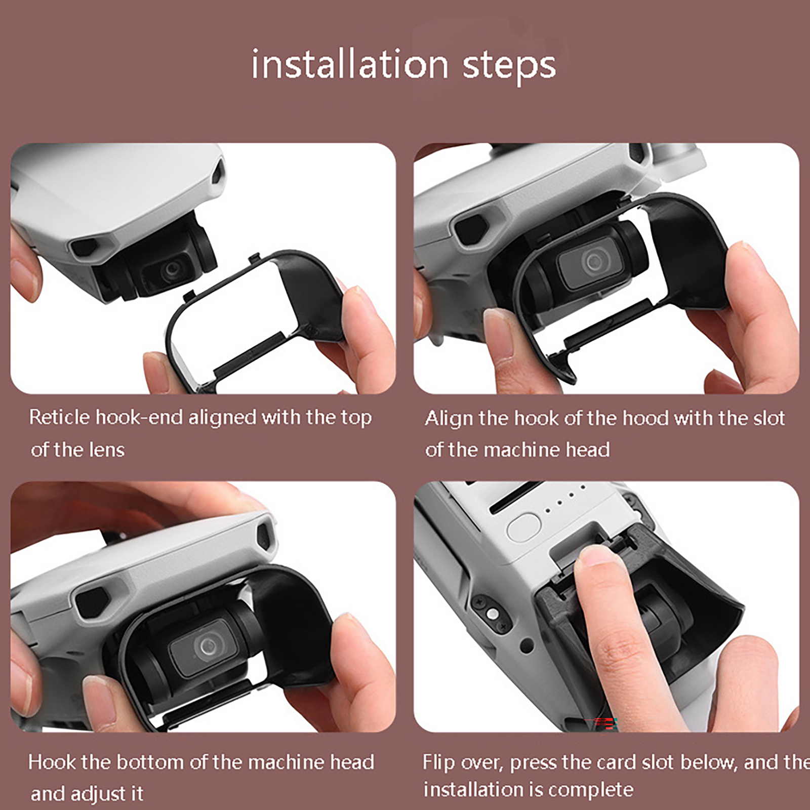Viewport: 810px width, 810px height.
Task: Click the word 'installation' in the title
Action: (350, 64)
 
